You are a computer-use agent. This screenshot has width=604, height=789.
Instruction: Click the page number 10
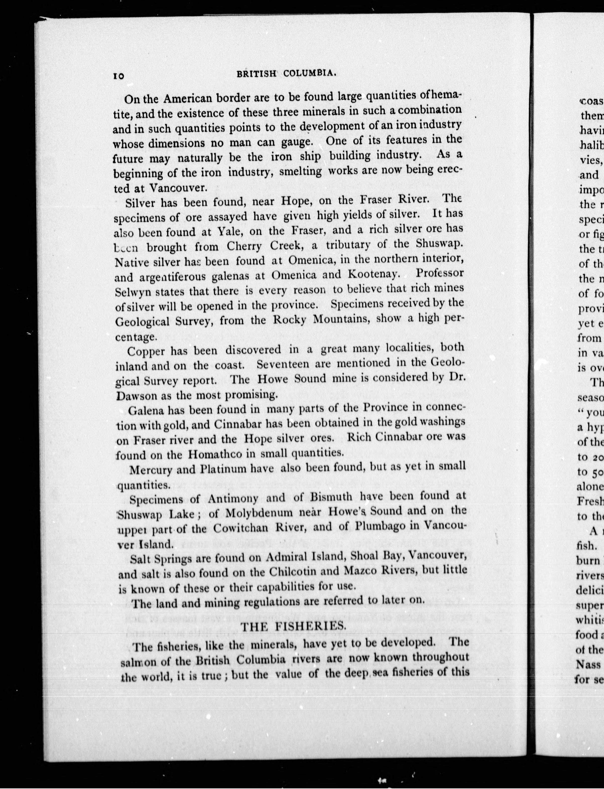coord(118,76)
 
